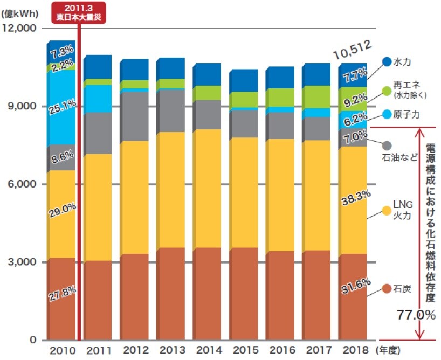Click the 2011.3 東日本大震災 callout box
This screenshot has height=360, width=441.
point(79,12)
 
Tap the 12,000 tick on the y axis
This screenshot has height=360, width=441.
point(20,28)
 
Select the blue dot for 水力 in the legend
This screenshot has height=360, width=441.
point(386,62)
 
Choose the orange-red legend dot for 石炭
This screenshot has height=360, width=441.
point(386,289)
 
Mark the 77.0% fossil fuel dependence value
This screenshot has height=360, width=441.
point(416,315)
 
